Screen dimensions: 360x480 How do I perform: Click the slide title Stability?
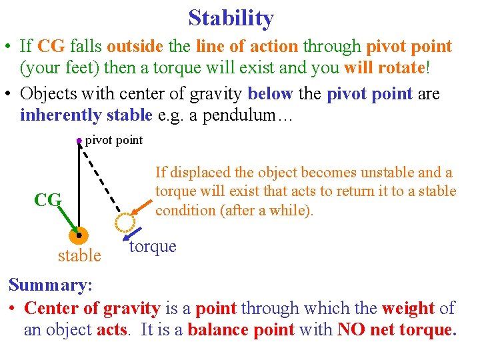pos(231,18)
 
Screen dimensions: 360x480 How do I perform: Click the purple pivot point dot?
pos(79,141)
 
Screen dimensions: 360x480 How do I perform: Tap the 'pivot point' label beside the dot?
pos(114,140)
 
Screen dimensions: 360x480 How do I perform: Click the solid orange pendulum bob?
pos(79,236)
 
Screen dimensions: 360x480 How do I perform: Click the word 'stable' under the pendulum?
pos(79,255)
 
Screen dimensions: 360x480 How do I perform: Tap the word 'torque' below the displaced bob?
pos(153,247)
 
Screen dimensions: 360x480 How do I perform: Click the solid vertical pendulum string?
pos(79,187)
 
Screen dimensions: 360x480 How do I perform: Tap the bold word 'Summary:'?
pos(50,285)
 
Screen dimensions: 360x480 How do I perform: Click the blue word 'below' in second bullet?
pos(271,94)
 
